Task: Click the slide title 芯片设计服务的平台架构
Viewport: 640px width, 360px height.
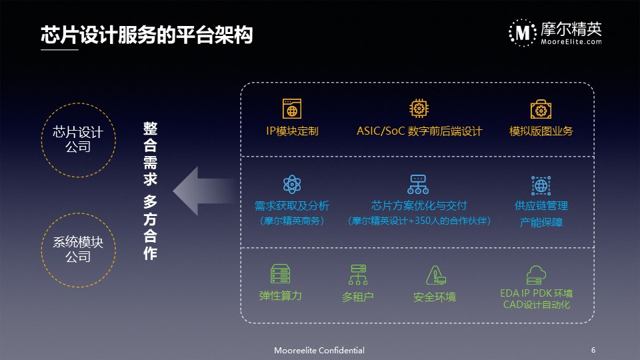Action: (x=147, y=34)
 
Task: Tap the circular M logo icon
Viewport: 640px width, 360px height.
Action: (x=523, y=33)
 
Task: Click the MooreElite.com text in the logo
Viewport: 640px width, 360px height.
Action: (x=571, y=41)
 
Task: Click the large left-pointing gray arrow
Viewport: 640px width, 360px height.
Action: (x=204, y=191)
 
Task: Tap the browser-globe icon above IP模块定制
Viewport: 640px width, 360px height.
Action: (x=292, y=109)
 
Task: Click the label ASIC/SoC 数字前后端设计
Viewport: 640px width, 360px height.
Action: (x=419, y=131)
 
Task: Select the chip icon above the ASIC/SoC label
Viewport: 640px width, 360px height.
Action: (x=419, y=109)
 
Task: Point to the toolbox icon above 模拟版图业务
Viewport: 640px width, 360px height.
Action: (x=541, y=109)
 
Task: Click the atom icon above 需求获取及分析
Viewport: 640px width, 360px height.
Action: (x=292, y=185)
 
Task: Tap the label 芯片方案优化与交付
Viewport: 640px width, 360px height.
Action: (x=419, y=205)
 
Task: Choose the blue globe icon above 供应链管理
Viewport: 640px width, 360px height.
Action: (x=541, y=185)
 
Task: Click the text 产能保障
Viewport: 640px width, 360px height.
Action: (x=541, y=222)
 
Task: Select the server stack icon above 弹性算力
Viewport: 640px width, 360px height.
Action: (x=281, y=274)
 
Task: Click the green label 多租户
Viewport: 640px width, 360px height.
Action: (x=357, y=297)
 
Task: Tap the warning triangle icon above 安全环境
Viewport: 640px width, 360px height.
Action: (x=435, y=275)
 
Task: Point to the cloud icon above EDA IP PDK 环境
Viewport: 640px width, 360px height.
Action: (x=536, y=275)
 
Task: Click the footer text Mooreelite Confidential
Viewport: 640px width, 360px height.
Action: (x=319, y=350)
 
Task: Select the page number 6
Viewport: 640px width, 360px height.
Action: (x=593, y=350)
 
